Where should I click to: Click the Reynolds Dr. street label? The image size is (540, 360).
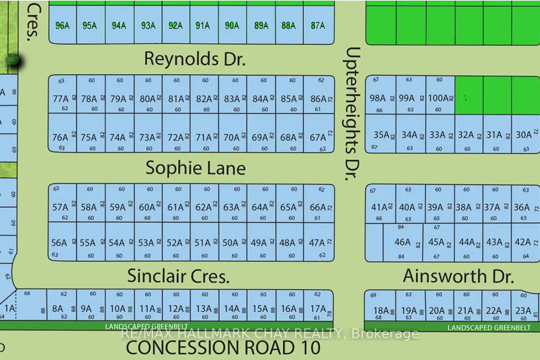[x=195, y=59]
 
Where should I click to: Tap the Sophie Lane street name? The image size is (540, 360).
[x=195, y=168]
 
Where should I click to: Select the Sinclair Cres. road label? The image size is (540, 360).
[x=178, y=276]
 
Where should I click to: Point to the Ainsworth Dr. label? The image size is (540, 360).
[x=458, y=276]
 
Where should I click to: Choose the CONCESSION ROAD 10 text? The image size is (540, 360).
[x=223, y=348]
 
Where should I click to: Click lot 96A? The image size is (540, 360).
[x=62, y=26]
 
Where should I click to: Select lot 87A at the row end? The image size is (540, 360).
[x=318, y=26]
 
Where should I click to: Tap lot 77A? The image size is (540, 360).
[x=60, y=99]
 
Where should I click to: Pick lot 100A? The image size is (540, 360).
[x=438, y=98]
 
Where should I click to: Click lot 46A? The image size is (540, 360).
[x=402, y=242]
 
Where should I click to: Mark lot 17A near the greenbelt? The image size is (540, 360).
[x=318, y=309]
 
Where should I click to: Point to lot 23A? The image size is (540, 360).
[x=523, y=310]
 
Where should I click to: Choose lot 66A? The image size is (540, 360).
[x=318, y=207]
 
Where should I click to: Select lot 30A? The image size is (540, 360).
[x=524, y=135]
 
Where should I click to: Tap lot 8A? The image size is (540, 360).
[x=58, y=309]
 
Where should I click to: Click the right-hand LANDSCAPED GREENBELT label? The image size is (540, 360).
[x=489, y=328]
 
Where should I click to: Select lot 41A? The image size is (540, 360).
[x=379, y=207]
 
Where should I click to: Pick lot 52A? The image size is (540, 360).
[x=175, y=243]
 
